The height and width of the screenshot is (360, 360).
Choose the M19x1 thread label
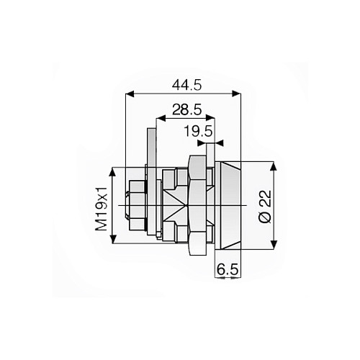pyautogui.click(x=102, y=207)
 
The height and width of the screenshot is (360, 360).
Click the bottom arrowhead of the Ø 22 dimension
pyautogui.click(x=274, y=247)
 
